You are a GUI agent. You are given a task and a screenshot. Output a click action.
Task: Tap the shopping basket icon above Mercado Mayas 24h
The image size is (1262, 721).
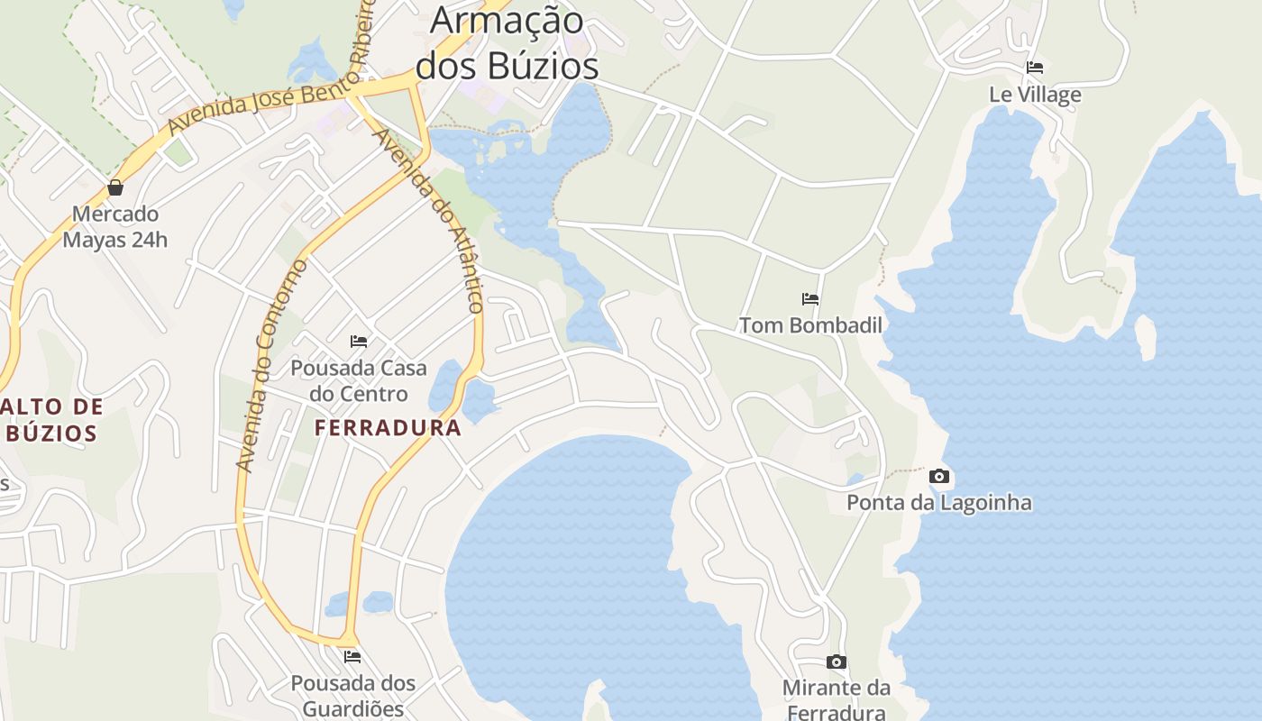(x=115, y=187)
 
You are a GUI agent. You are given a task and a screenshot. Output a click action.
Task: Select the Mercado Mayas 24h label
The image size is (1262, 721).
(x=115, y=227)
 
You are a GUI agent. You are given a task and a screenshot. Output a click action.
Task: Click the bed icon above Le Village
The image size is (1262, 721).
(x=1035, y=68)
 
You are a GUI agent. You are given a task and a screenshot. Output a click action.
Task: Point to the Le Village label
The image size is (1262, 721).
(x=1035, y=95)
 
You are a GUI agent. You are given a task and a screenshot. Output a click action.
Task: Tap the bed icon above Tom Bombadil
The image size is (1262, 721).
(x=810, y=299)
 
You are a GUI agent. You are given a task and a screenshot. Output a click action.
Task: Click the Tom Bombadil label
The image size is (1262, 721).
(x=810, y=325)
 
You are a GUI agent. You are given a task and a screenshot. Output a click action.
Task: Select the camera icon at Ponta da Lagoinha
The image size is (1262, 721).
(x=939, y=476)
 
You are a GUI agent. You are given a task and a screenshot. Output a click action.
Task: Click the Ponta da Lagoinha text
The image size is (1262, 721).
(x=939, y=502)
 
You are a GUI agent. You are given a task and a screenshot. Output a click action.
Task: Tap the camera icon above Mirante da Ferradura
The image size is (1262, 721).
(x=837, y=662)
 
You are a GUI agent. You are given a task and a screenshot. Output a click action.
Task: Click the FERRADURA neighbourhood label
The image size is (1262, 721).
(x=388, y=428)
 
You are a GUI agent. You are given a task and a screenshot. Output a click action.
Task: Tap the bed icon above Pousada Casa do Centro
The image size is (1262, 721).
(x=359, y=342)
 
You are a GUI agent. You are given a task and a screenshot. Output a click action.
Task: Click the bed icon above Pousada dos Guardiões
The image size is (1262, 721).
(x=352, y=657)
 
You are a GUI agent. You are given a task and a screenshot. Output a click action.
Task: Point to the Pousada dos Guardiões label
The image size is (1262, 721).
(x=352, y=695)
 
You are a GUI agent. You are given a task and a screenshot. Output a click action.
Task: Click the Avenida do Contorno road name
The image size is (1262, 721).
(x=271, y=365)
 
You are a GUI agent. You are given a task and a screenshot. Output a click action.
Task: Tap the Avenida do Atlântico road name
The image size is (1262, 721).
(x=430, y=221)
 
